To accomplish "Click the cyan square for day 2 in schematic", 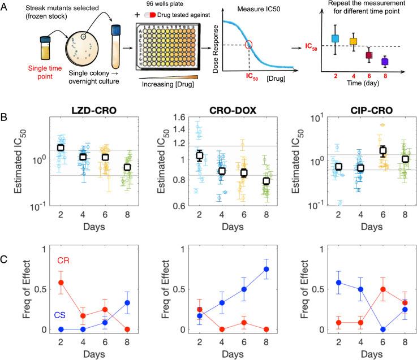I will point(335,39).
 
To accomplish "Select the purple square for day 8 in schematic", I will point(385,61).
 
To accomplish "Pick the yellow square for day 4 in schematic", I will point(354,41).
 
